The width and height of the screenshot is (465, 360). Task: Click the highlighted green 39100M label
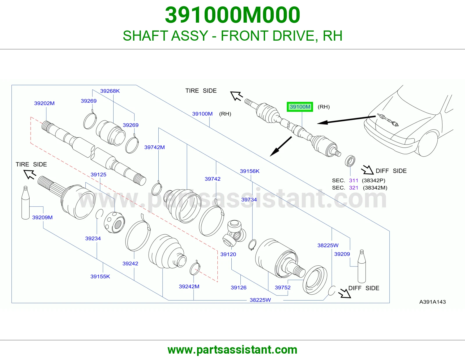point(300,107)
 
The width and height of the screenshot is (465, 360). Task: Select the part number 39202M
point(44,103)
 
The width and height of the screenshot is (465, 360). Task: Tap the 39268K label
point(110,91)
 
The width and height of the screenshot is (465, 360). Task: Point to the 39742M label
point(155,147)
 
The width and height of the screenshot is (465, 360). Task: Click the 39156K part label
point(250,171)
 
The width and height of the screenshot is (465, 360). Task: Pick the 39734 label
point(249,199)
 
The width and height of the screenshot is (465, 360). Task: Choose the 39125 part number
point(99,174)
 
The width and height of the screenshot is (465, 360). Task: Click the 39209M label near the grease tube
point(42,217)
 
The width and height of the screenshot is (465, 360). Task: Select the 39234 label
point(93,238)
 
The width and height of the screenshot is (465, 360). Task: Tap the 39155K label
point(100,276)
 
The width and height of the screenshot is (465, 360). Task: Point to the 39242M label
point(189,287)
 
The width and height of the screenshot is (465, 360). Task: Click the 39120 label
point(228,254)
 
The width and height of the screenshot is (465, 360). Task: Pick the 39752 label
point(283,287)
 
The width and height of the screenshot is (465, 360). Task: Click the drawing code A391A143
point(432,302)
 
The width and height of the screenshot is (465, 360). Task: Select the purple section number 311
point(353,180)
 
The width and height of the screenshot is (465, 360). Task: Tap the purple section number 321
point(353,188)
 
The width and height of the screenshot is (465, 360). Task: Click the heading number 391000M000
point(233,15)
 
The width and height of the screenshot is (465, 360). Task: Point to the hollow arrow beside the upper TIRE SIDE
point(236,96)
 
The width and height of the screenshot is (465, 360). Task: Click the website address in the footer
point(233,350)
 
